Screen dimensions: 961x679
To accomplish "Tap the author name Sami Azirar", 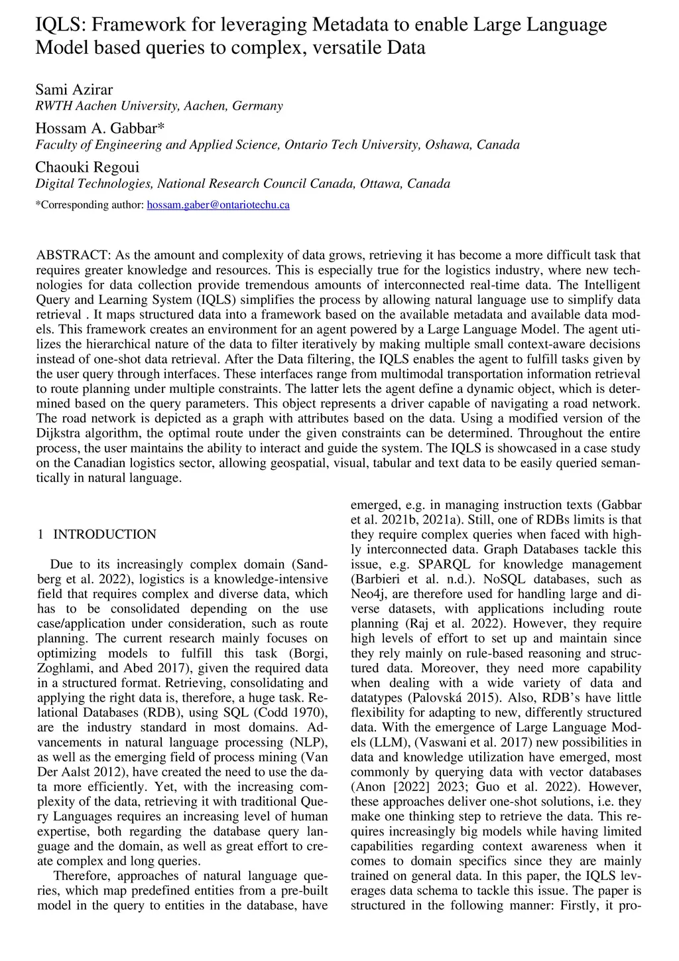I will coord(74,89).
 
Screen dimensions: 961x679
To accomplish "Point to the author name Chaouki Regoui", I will coord(87,167).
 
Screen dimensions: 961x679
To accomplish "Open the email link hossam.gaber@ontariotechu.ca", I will coord(217,204).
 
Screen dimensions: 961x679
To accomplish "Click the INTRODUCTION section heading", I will coord(105,534).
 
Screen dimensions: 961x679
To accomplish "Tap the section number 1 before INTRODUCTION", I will coord(40,534).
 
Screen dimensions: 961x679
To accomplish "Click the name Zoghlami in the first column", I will coord(64,668).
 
